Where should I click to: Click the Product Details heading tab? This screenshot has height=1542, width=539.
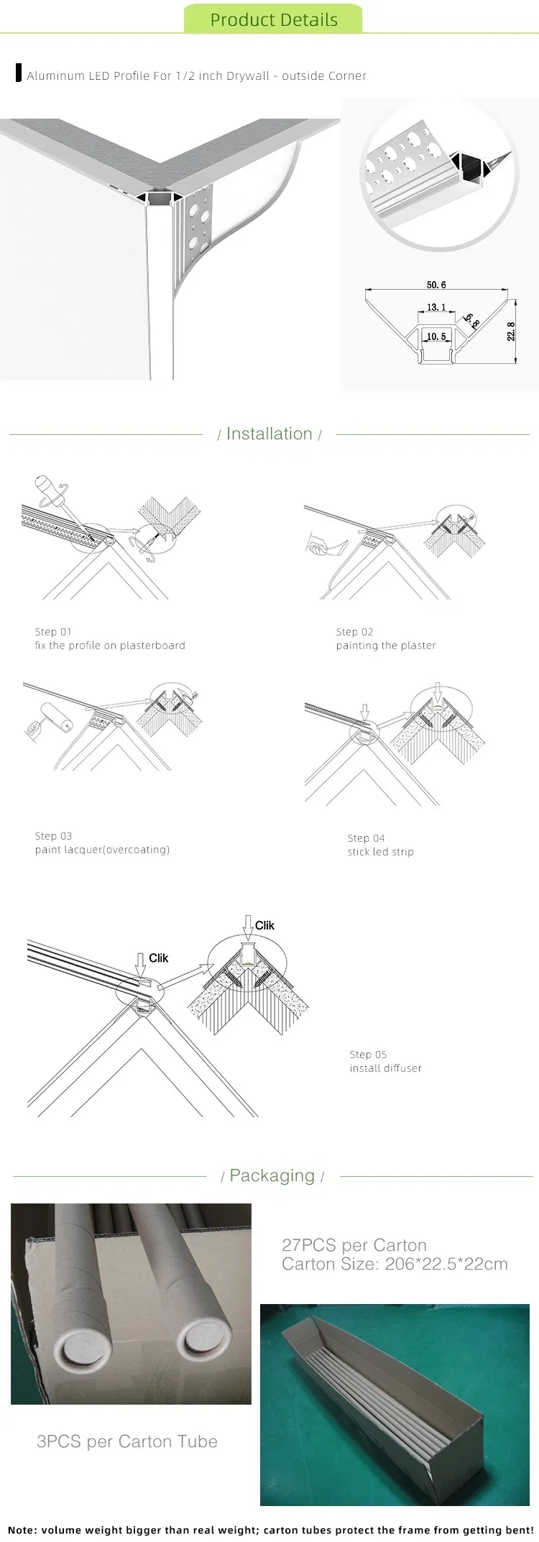pyautogui.click(x=273, y=19)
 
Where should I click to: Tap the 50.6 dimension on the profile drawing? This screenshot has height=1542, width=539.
pyautogui.click(x=436, y=285)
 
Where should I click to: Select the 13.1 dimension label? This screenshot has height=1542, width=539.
pyautogui.click(x=436, y=307)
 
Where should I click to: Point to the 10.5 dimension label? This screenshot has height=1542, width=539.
pyautogui.click(x=436, y=336)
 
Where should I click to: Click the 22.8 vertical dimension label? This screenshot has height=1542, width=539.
pyautogui.click(x=511, y=331)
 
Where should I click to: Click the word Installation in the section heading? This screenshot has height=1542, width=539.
pyautogui.click(x=269, y=433)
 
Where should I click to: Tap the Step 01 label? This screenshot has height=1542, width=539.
pyautogui.click(x=53, y=632)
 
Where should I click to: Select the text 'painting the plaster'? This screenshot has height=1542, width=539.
pyautogui.click(x=386, y=646)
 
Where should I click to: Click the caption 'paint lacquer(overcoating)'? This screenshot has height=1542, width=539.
pyautogui.click(x=102, y=850)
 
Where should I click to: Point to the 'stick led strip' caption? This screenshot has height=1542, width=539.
pyautogui.click(x=380, y=852)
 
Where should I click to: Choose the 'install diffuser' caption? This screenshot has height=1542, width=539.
pyautogui.click(x=385, y=1068)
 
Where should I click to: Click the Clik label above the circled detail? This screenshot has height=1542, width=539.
pyautogui.click(x=264, y=925)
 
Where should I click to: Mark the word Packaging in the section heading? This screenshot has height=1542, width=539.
pyautogui.click(x=272, y=1175)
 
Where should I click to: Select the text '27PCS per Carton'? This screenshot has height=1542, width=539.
pyautogui.click(x=354, y=1245)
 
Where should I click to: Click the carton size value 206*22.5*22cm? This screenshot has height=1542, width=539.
pyautogui.click(x=446, y=1264)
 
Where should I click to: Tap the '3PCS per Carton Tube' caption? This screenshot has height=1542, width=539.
pyautogui.click(x=127, y=1441)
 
